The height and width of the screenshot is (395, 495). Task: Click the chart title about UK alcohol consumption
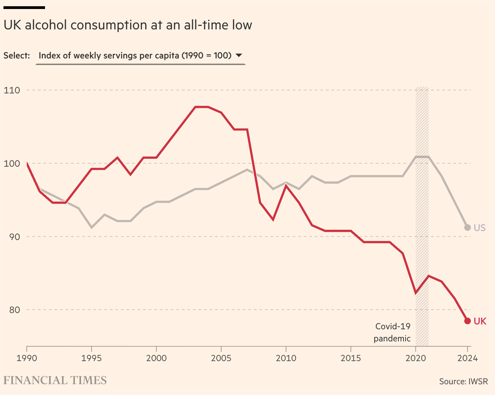128,25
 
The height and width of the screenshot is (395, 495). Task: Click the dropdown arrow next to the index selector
238,55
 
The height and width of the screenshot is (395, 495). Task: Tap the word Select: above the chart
17,56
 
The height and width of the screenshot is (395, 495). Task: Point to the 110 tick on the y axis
12,90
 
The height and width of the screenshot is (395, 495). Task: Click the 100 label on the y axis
12,163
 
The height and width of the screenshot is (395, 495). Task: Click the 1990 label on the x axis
27,358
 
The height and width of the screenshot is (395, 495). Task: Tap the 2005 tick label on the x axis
221,358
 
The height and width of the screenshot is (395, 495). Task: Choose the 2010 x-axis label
286,358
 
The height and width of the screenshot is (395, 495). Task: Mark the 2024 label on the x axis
467,358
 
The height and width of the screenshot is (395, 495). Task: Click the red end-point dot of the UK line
467,321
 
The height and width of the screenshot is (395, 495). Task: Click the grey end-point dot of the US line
467,227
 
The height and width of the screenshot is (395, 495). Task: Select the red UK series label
480,321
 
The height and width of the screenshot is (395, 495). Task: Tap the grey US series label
480,228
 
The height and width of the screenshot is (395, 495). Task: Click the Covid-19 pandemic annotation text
393,332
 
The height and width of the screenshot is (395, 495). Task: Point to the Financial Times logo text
55,380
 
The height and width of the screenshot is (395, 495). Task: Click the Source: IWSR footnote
463,382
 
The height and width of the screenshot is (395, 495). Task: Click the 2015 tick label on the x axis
351,358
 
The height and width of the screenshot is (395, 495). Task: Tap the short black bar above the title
24,7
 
